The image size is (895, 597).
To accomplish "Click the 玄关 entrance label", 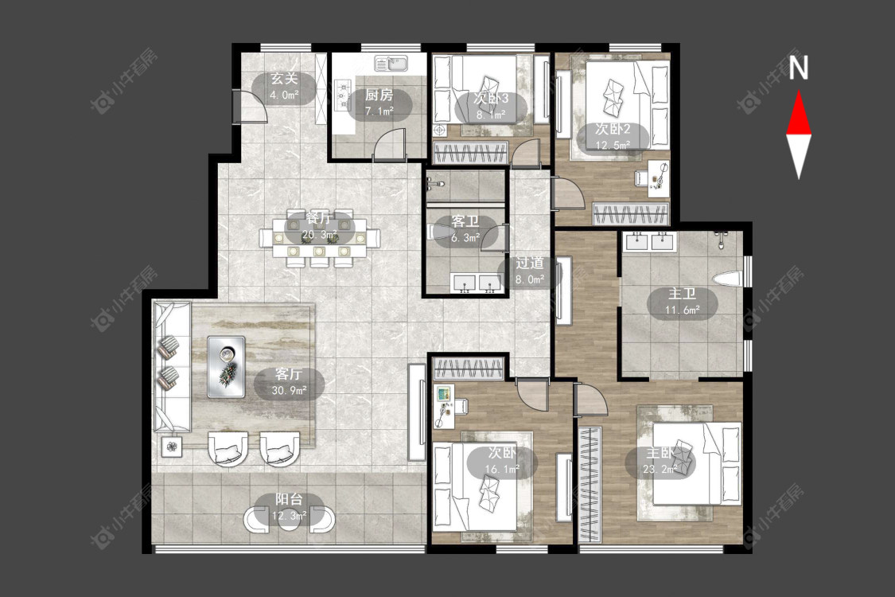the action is (x=284, y=79).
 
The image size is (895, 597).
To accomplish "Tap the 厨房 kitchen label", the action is (x=379, y=96).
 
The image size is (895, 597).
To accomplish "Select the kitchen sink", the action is (x=391, y=62).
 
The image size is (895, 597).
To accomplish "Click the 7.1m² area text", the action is (x=379, y=111).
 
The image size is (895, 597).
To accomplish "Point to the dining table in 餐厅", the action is (x=320, y=238).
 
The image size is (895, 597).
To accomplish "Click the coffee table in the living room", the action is (x=226, y=366).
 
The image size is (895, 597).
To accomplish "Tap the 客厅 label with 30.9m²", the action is (x=288, y=374).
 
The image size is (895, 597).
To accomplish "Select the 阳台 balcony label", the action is (x=289, y=499).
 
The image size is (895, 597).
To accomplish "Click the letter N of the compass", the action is (x=799, y=67).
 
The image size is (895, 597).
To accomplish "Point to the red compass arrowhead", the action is (x=799, y=115).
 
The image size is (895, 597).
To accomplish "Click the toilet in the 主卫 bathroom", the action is (x=727, y=279).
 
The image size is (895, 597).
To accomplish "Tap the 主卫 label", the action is (x=682, y=295).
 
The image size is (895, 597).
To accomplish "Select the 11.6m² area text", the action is (x=682, y=310).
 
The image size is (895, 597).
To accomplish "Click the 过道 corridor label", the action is (x=530, y=263).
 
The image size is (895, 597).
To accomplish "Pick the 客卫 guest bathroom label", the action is (x=465, y=221).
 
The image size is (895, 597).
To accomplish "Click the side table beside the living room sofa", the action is (x=172, y=447).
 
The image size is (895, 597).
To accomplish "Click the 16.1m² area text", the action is (x=502, y=470).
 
